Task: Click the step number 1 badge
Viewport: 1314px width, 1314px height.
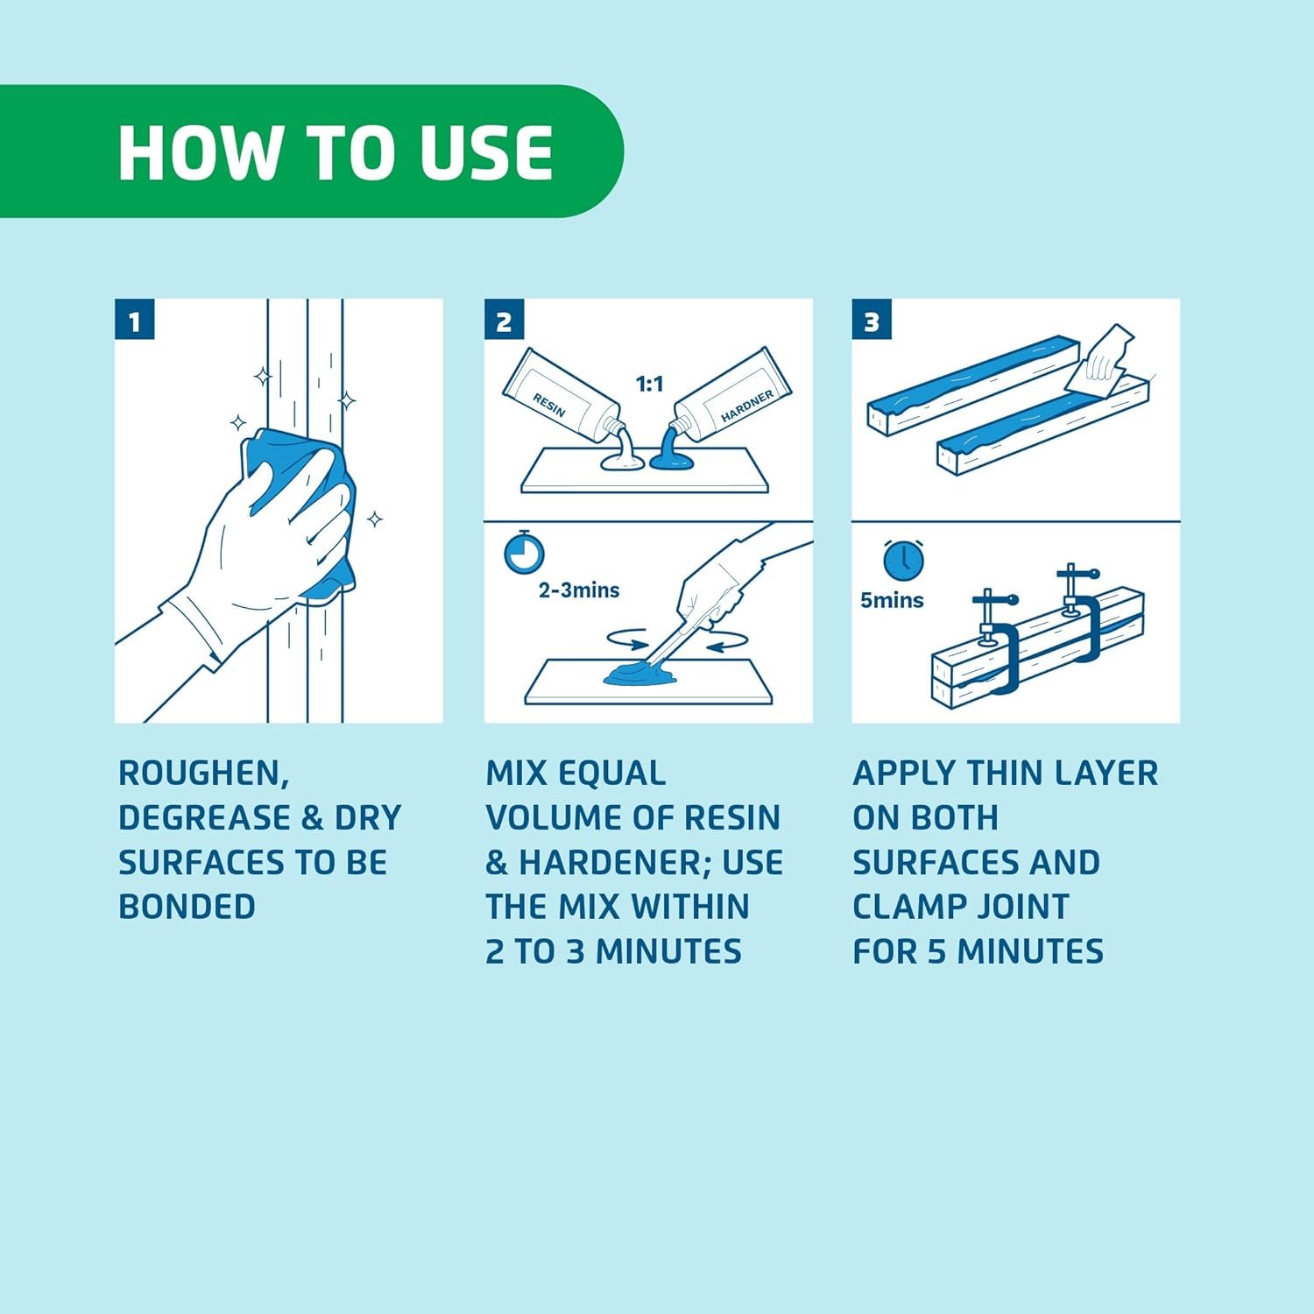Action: (134, 320)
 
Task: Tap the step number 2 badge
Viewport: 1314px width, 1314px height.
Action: (504, 320)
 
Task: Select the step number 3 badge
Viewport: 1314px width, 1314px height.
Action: (872, 320)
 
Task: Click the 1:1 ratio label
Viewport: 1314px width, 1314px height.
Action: (649, 384)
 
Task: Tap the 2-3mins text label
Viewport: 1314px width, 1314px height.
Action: (579, 590)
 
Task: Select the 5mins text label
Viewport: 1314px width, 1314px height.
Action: (892, 600)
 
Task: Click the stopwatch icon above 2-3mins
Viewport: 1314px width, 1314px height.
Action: (524, 552)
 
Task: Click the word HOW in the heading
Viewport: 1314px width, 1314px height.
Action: (198, 152)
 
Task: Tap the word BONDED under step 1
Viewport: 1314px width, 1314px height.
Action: (187, 907)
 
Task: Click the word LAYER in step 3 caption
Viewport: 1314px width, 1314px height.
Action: (1106, 774)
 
